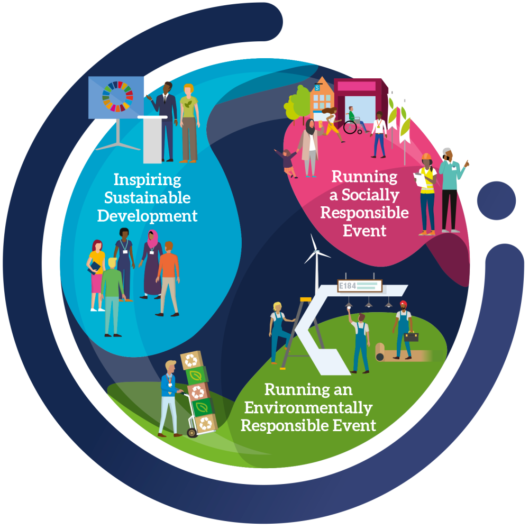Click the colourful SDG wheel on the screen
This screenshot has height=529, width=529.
click(118, 96)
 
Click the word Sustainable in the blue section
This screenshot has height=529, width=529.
click(148, 198)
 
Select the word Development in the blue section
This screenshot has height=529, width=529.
click(148, 216)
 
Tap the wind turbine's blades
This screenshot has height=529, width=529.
click(316, 250)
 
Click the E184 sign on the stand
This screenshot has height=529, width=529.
click(360, 286)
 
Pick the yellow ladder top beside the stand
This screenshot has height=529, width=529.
click(306, 299)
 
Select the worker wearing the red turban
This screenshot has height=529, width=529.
click(403, 330)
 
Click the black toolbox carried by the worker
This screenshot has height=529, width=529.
click(411, 336)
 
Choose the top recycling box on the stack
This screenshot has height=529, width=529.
click(192, 360)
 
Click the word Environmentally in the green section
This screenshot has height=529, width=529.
click(308, 408)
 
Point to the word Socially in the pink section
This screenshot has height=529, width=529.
click(370, 195)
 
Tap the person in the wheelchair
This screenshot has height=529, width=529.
click(353, 121)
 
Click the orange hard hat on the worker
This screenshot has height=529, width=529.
click(426, 157)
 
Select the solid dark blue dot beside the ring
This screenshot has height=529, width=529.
click(496, 200)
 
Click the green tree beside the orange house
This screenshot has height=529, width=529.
click(297, 103)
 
